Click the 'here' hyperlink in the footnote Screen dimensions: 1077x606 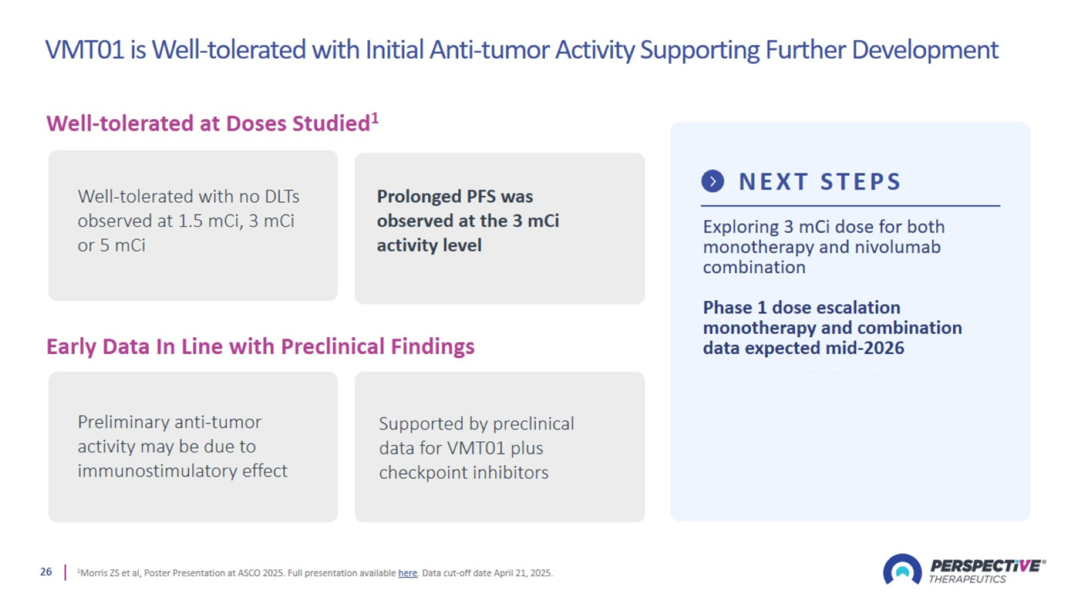tap(407, 573)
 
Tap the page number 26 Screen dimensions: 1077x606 tap(46, 572)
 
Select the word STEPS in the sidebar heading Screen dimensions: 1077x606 tap(861, 181)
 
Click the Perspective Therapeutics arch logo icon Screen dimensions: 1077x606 tap(902, 570)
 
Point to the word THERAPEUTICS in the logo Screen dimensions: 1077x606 tap(967, 579)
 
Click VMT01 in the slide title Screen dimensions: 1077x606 tap(85, 50)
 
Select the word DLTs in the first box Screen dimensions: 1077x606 tap(282, 196)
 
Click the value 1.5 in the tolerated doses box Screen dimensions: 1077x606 tap(191, 221)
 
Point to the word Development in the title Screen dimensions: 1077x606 tap(925, 50)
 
